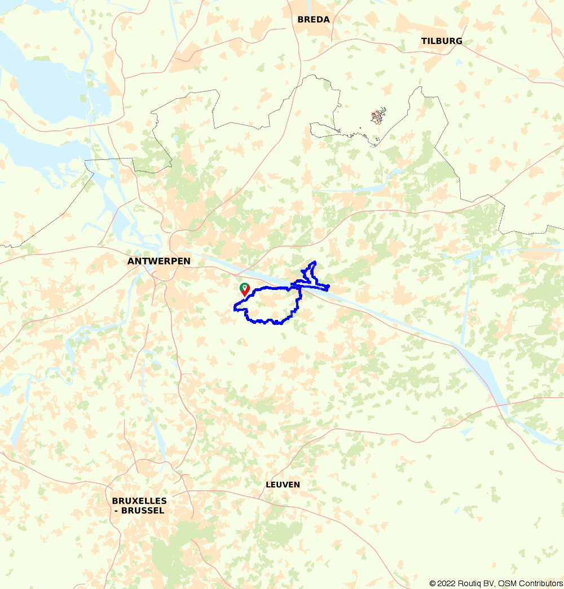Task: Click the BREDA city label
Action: [314, 19]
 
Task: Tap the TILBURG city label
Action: [442, 41]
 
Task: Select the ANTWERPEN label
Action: [159, 261]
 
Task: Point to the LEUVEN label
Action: [283, 485]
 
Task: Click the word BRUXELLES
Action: [139, 501]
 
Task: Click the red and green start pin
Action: [245, 289]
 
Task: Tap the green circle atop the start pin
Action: [245, 287]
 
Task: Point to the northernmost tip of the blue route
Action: [314, 262]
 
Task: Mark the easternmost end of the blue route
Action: [328, 287]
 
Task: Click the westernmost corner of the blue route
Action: [235, 307]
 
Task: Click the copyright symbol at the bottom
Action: [433, 583]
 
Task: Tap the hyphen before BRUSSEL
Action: [115, 511]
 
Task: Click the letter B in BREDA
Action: [301, 19]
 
